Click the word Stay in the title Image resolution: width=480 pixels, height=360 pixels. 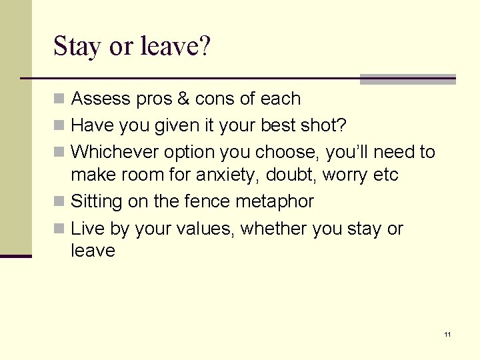[77, 47]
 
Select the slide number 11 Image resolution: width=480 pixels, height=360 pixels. [447, 334]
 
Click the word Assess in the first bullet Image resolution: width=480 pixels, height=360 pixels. [98, 99]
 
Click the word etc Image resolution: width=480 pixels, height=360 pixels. [385, 175]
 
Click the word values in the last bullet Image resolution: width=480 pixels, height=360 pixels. [203, 229]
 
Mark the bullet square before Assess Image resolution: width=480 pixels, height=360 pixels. [59, 99]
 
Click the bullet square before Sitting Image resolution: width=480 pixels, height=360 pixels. [59, 201]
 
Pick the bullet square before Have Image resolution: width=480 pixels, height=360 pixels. [59, 126]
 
